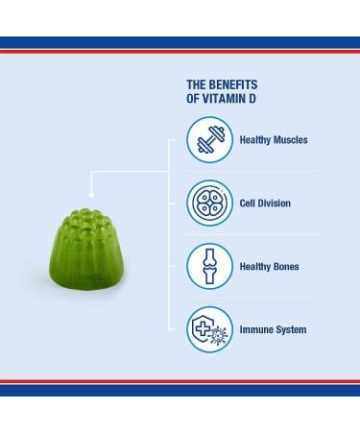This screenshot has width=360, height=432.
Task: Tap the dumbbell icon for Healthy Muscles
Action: [208, 140]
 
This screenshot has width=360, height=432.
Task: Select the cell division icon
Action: [208, 204]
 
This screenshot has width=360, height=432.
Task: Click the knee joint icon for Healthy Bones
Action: [208, 267]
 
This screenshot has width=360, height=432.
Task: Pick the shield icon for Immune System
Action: [208, 330]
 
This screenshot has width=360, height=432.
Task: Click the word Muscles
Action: [289, 140]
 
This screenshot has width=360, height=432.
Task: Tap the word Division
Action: [273, 204]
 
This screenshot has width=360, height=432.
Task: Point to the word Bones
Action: [284, 267]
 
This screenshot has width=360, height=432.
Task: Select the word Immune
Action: [255, 330]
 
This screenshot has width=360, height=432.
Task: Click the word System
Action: [291, 330]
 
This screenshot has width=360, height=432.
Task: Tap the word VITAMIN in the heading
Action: [222, 99]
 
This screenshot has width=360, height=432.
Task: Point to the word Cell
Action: [248, 204]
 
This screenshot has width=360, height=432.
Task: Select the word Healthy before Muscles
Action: [254, 140]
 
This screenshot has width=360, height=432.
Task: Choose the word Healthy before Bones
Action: [254, 267]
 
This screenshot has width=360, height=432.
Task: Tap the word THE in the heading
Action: [195, 84]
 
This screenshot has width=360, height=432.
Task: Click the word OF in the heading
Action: [192, 99]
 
